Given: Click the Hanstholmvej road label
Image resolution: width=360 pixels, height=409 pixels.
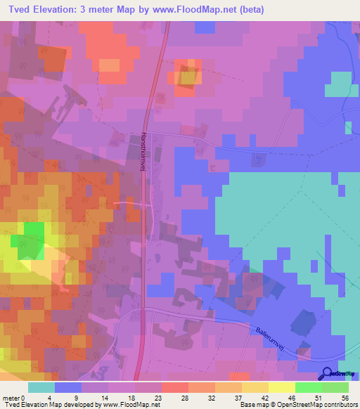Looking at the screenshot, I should pyautogui.click(x=143, y=155).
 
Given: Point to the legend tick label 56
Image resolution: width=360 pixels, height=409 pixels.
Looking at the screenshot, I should pyautogui.click(x=345, y=398).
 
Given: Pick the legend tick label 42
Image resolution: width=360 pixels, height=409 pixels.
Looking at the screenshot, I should pyautogui.click(x=255, y=398).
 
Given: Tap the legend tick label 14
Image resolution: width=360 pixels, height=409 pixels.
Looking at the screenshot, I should pyautogui.click(x=104, y=398).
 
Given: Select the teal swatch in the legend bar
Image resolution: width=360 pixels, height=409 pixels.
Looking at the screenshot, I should pyautogui.click(x=41, y=387).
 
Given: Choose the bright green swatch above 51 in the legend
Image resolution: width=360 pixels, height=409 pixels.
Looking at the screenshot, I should pyautogui.click(x=308, y=387).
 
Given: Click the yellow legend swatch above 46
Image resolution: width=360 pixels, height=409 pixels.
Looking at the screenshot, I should pyautogui.click(x=281, y=387).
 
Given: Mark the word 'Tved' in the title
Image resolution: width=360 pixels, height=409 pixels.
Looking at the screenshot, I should pyautogui.click(x=16, y=8).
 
